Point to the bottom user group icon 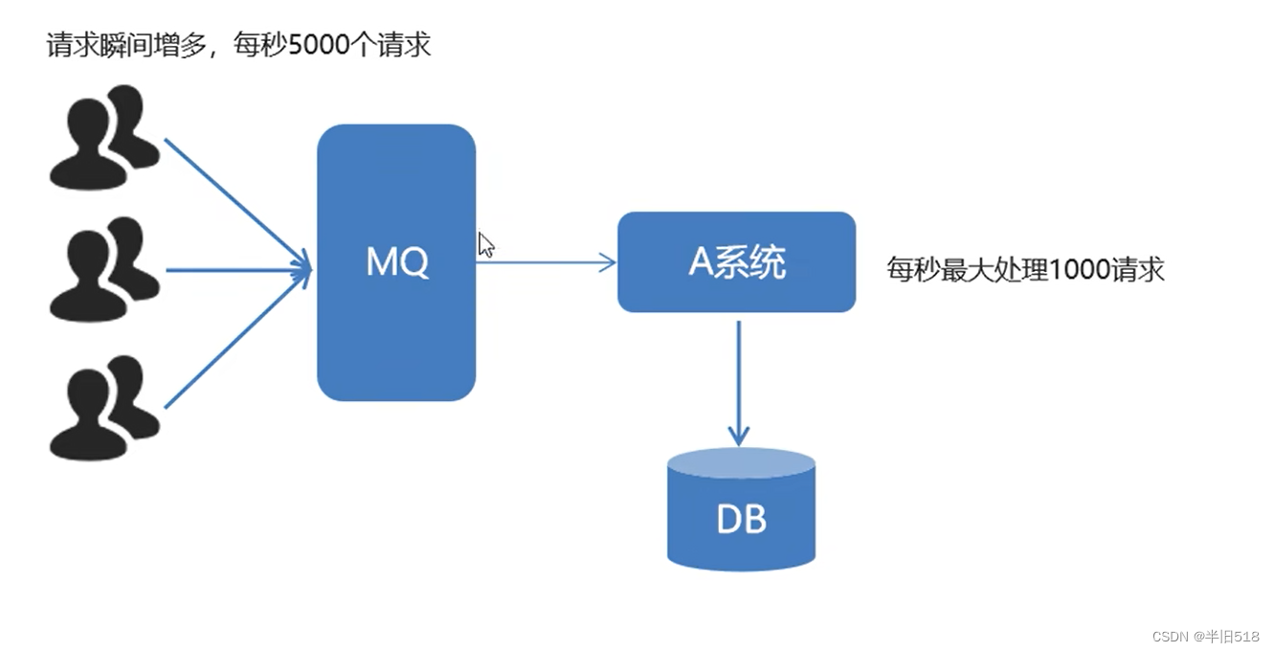coord(102,407)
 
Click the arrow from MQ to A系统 coord(546,261)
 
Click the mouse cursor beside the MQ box coord(485,243)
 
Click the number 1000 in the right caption coord(1082,269)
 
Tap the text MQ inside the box coord(397,260)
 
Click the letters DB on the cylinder coord(741,520)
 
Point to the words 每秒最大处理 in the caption coord(967,269)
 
